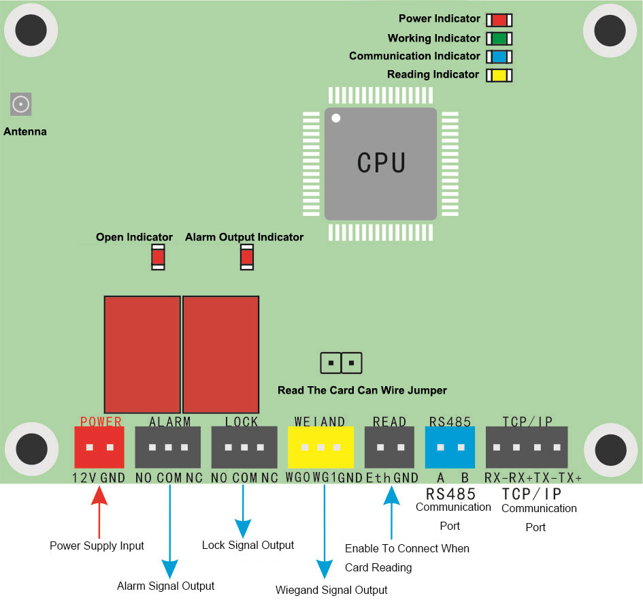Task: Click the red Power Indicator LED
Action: pyautogui.click(x=499, y=20)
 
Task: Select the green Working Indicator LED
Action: pyautogui.click(x=499, y=38)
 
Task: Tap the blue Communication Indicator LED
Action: pyautogui.click(x=499, y=57)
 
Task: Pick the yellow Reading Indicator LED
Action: pyautogui.click(x=499, y=75)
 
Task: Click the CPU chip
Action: pyautogui.click(x=380, y=163)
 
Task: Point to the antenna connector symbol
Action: pyautogui.click(x=21, y=104)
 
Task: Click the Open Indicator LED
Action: pyautogui.click(x=158, y=257)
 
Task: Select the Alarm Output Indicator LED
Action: pyautogui.click(x=246, y=257)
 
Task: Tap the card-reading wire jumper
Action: pyautogui.click(x=341, y=363)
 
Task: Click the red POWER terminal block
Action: pyautogui.click(x=99, y=447)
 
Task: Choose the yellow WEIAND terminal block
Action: pyautogui.click(x=320, y=447)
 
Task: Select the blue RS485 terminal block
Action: pyautogui.click(x=450, y=447)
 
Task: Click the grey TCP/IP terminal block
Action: pyautogui.click(x=526, y=447)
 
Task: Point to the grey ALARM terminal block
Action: pyautogui.click(x=168, y=447)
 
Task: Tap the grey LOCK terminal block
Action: pyautogui.click(x=244, y=447)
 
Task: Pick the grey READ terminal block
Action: pyautogui.click(x=389, y=447)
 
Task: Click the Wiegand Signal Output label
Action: pyautogui.click(x=331, y=590)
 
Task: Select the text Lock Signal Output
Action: pyautogui.click(x=248, y=546)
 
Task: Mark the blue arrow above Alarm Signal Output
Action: pyautogui.click(x=169, y=531)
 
